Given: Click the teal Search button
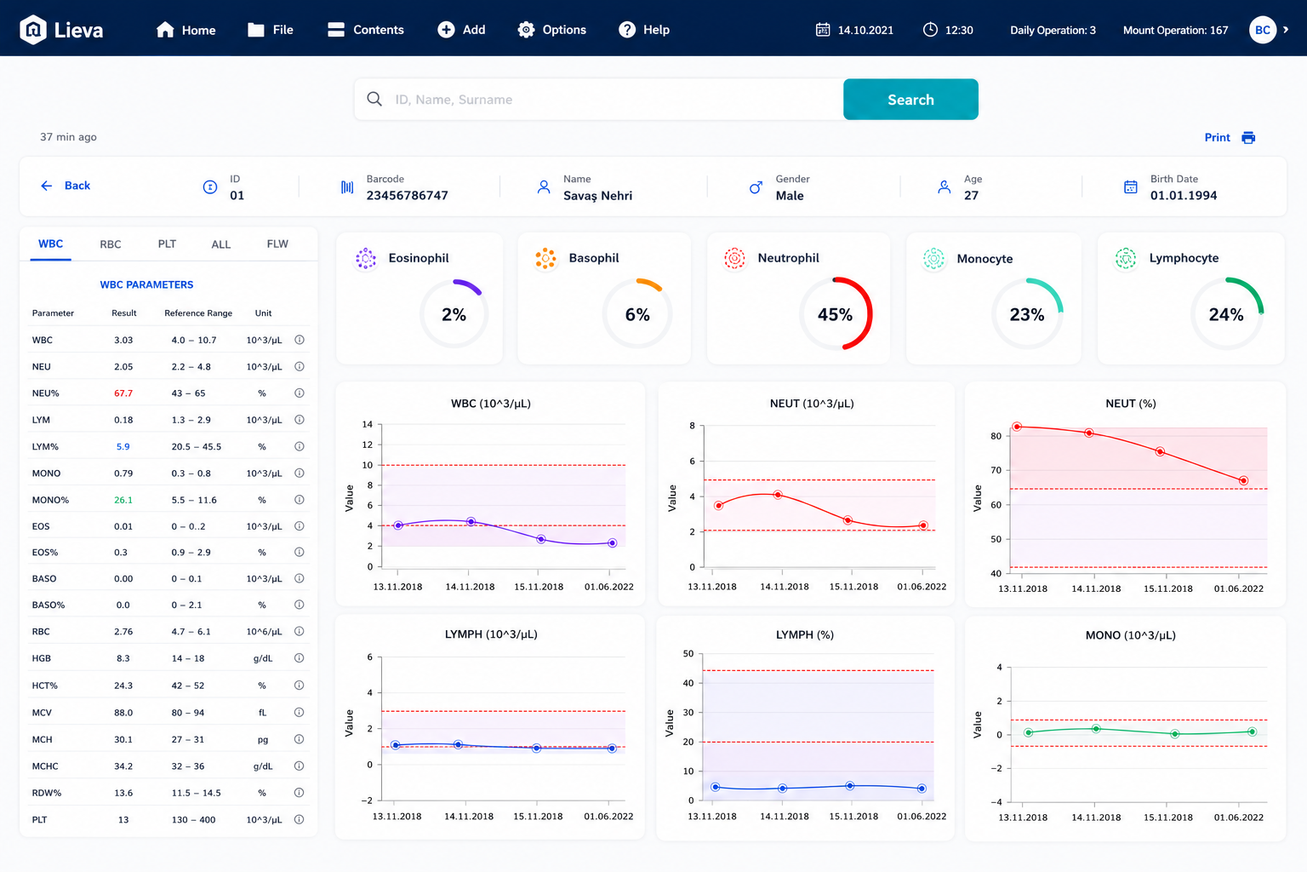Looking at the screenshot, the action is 910,100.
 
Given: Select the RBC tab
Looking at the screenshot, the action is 111,244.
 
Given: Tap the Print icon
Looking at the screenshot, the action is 1248,137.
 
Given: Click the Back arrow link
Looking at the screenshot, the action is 66,185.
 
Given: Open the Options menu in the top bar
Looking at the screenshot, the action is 551,30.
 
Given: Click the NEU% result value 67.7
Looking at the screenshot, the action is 123,393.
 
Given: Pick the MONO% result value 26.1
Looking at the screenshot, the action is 123,500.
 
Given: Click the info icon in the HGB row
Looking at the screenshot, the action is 300,658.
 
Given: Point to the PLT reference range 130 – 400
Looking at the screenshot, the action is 193,819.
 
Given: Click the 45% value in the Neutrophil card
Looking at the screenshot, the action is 835,315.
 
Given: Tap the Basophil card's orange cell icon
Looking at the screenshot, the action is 545,258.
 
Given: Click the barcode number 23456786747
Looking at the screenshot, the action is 408,196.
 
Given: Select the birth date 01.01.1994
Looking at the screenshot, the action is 1184,196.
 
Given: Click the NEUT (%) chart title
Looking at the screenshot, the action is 1130,404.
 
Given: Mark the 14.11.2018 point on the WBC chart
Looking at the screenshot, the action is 471,521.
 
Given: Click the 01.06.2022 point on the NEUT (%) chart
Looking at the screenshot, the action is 1243,480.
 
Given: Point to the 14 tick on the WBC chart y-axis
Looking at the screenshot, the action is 367,424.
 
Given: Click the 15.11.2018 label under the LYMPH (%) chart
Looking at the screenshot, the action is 853,817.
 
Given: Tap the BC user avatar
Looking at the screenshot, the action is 1263,30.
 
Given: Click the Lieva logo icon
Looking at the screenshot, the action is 33,29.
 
